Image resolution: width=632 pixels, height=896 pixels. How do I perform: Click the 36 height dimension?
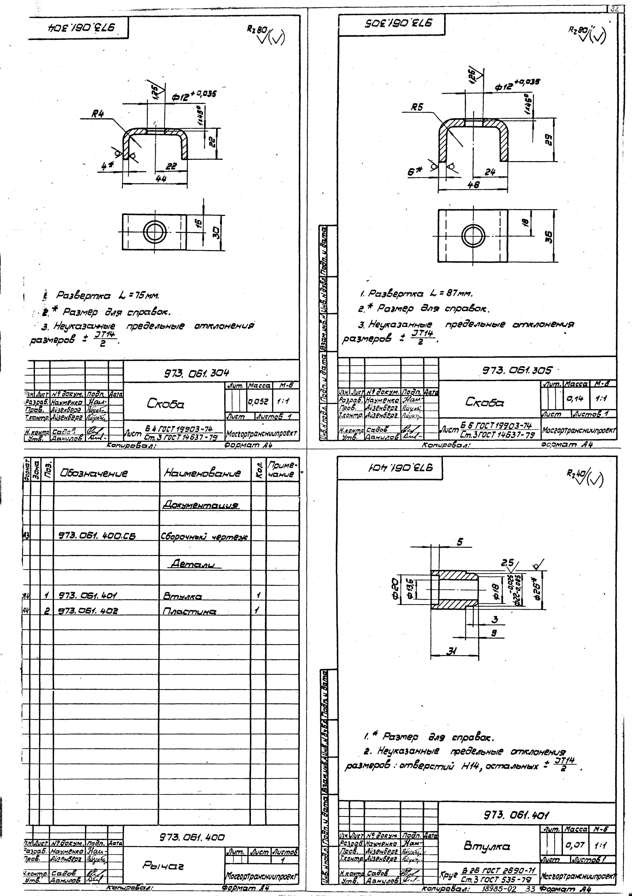pos(548,236)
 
